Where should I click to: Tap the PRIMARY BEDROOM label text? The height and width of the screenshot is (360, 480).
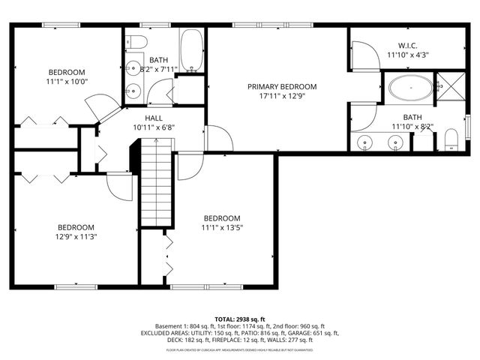tap(282, 87)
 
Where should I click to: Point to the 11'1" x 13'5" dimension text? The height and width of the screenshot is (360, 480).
tap(221, 227)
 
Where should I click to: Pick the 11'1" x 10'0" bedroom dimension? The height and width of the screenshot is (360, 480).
tap(67, 82)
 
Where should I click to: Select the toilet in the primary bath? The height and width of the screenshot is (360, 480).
tap(451, 140)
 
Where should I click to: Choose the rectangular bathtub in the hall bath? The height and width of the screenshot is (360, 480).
tap(191, 51)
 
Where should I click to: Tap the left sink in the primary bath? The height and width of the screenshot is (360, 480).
tap(366, 142)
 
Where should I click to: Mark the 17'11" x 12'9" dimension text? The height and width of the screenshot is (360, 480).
tap(282, 97)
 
